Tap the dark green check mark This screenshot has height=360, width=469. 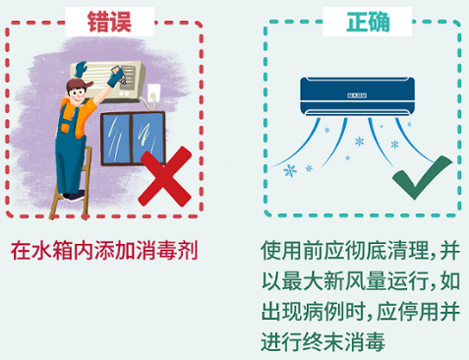pos(421,177)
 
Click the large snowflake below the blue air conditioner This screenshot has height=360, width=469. pos(291,170)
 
